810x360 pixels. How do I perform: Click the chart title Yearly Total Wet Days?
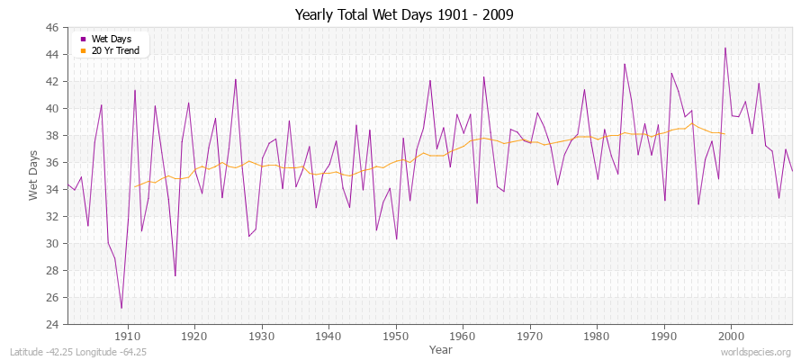(x=404, y=15)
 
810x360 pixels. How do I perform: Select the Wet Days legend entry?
(x=110, y=39)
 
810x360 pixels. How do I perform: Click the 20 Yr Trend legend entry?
(x=113, y=51)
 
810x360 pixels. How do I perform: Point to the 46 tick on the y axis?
(x=51, y=28)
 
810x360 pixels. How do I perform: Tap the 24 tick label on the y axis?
(x=51, y=324)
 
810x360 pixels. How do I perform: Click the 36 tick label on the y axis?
(x=51, y=163)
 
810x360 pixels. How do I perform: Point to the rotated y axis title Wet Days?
(x=33, y=175)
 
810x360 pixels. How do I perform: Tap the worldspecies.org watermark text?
(x=755, y=352)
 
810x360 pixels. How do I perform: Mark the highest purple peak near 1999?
(x=725, y=48)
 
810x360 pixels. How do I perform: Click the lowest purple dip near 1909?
(x=121, y=308)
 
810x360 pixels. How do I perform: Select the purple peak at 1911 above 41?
(x=135, y=90)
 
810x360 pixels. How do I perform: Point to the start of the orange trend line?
(x=135, y=186)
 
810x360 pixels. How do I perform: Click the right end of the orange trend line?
(x=725, y=133)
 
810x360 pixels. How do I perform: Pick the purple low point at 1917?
(x=175, y=275)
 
